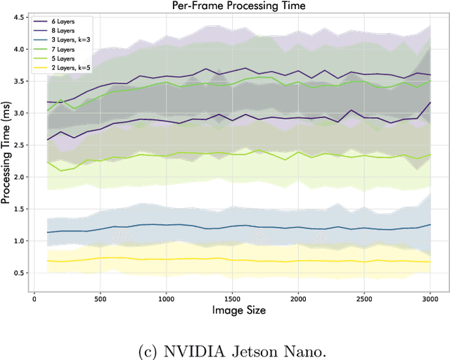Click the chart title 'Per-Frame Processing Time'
[231, 6]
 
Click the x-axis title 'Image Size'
[232, 310]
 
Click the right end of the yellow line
[430, 262]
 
